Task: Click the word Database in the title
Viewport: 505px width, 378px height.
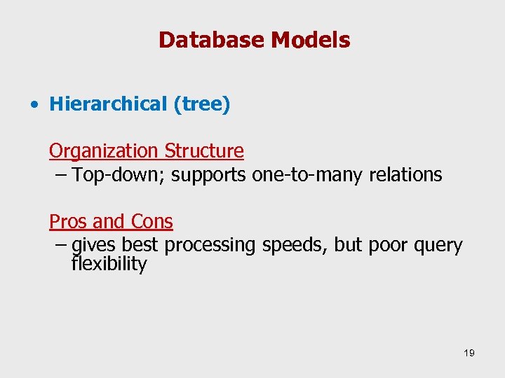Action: pos(211,40)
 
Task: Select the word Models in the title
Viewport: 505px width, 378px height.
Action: pos(310,40)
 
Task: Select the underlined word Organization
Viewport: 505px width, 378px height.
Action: pos(104,151)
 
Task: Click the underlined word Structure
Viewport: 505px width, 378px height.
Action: pos(204,151)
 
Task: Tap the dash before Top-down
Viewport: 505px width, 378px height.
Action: pos(61,174)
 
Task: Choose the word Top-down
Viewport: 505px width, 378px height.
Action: pos(118,174)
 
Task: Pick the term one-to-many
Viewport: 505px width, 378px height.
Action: pos(307,174)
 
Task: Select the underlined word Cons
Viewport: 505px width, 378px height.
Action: pos(151,222)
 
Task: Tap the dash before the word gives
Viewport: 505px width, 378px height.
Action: pos(61,245)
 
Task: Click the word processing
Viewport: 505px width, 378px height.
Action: pos(211,245)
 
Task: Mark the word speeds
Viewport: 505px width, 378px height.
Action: pos(295,245)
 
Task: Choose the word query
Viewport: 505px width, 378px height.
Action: pos(438,245)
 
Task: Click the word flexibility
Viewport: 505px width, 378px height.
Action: pos(109,264)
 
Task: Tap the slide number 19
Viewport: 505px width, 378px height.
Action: pos(469,353)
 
